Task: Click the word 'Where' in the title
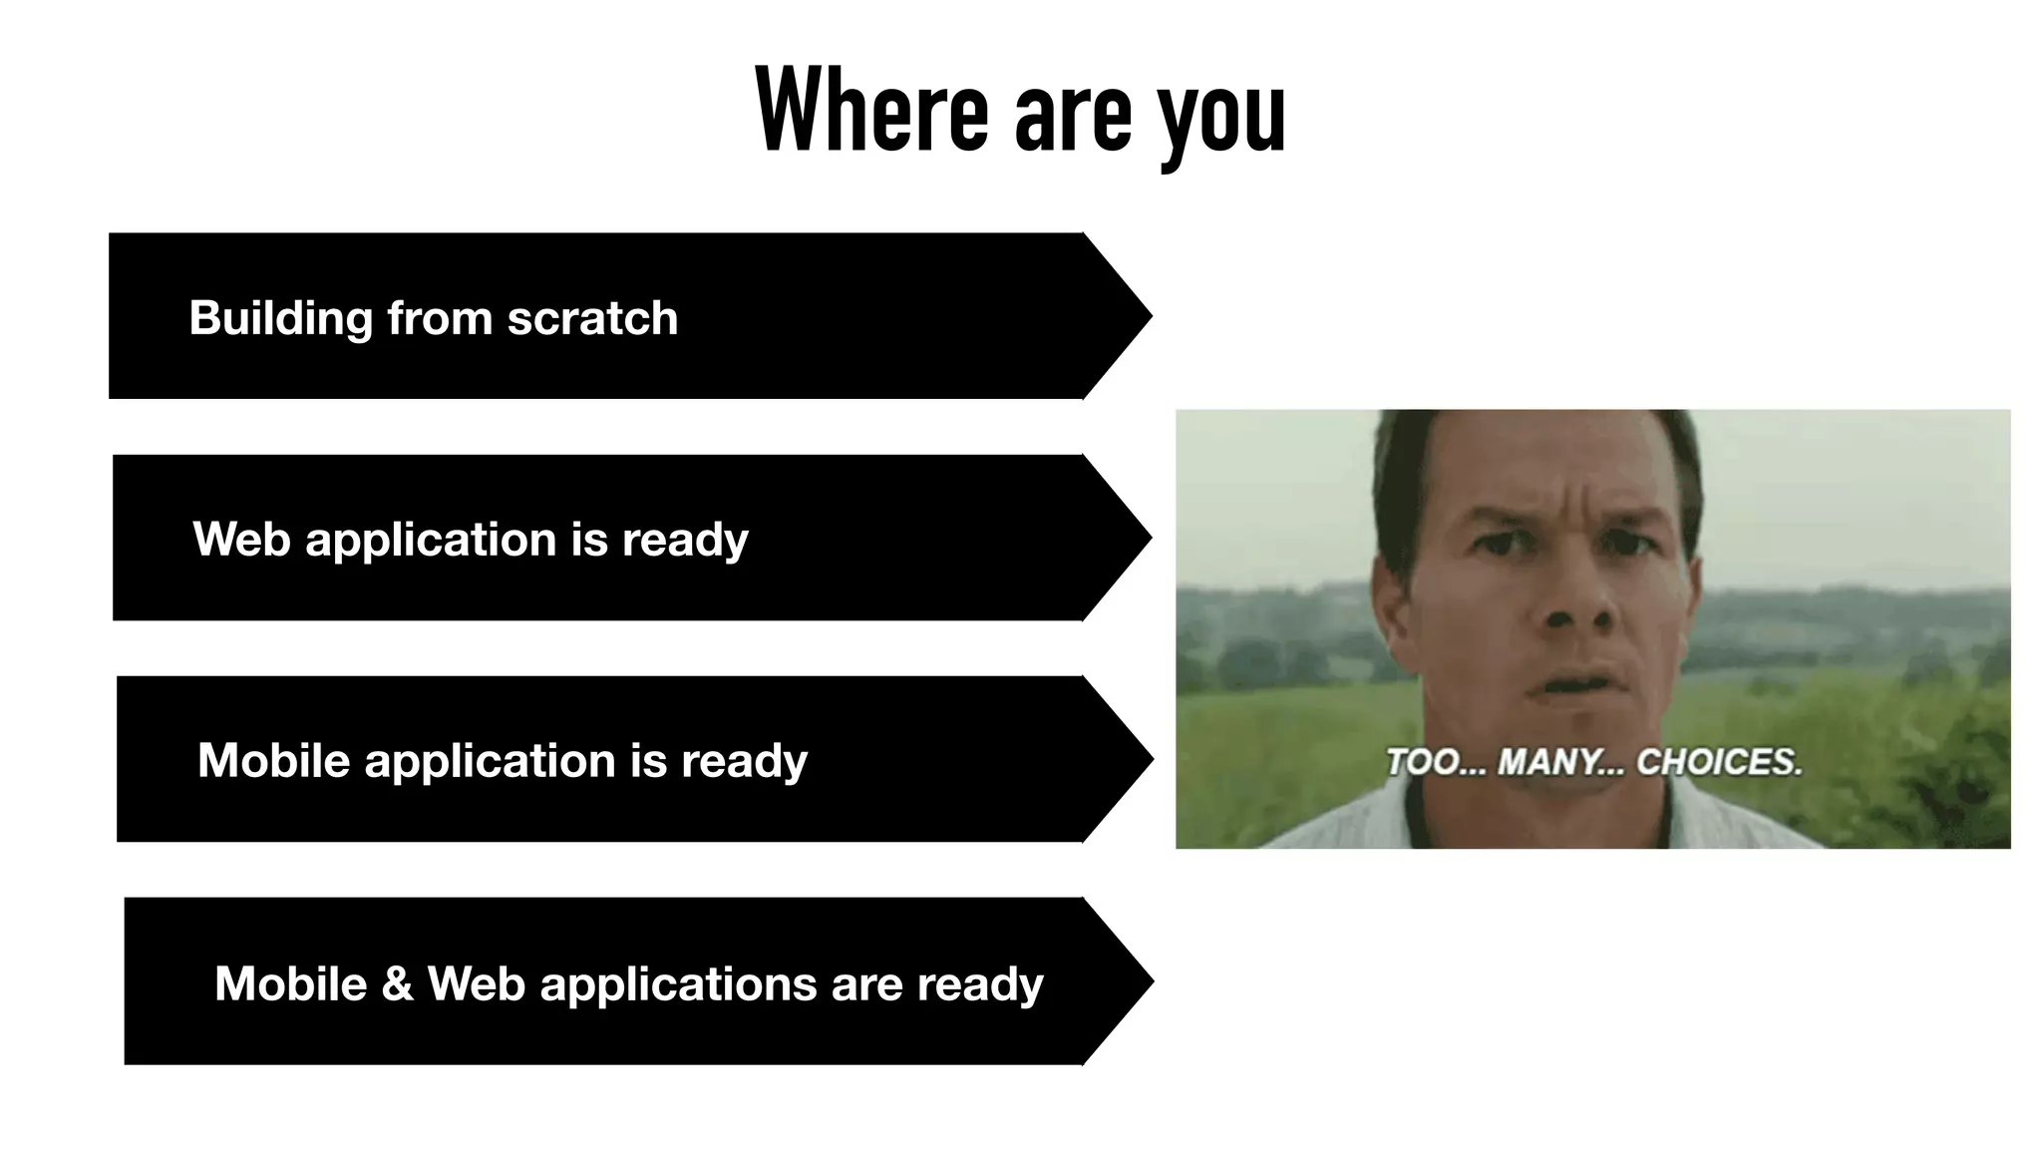(871, 110)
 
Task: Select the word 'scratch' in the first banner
(592, 318)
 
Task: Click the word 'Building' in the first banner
(280, 318)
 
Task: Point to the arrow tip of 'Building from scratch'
(1147, 316)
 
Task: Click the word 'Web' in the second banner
(241, 540)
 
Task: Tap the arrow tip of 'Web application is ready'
(1147, 539)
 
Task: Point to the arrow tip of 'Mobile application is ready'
(1148, 760)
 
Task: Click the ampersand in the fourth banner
(397, 984)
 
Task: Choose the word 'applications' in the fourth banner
(678, 984)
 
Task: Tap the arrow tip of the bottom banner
(1148, 981)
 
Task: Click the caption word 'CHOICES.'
(1719, 763)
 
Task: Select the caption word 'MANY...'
(1560, 763)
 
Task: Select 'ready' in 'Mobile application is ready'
(744, 761)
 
